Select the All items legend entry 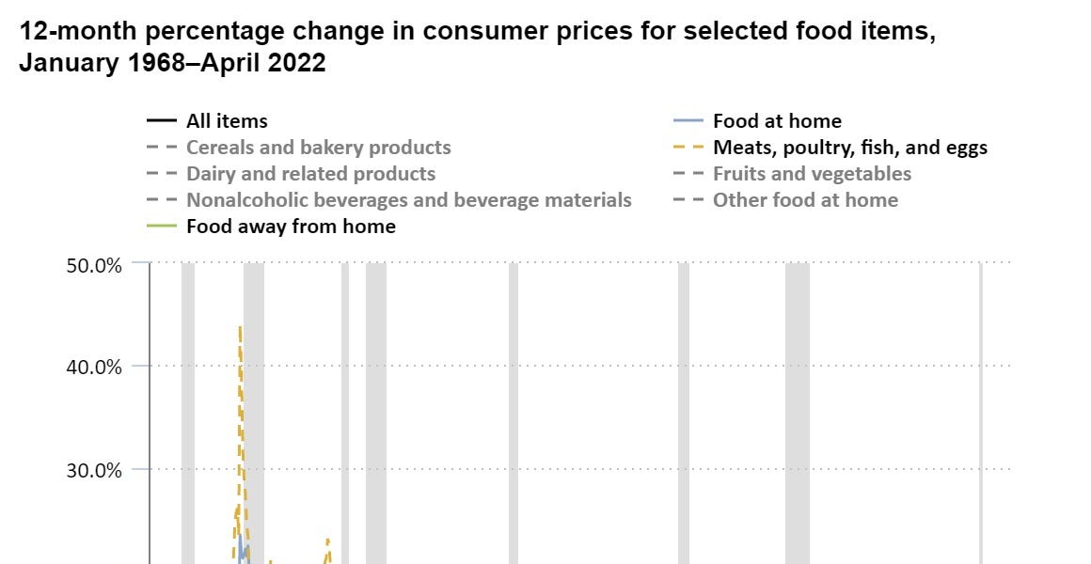(x=227, y=121)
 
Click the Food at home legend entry (x=777, y=121)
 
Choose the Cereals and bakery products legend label (x=318, y=148)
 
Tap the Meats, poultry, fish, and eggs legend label (x=850, y=148)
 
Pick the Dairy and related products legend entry (x=310, y=174)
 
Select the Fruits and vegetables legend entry (x=812, y=174)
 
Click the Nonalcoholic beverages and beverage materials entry (x=408, y=200)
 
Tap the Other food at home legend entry (x=805, y=200)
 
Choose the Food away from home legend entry (x=291, y=227)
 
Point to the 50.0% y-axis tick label (x=95, y=265)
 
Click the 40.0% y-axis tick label (x=95, y=367)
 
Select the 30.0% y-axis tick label (x=95, y=469)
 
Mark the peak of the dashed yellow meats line (x=240, y=327)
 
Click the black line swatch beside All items (x=162, y=121)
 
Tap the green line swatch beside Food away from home (x=162, y=227)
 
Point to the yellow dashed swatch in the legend (x=688, y=148)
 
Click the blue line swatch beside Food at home (x=688, y=121)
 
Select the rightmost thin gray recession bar (x=981, y=414)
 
